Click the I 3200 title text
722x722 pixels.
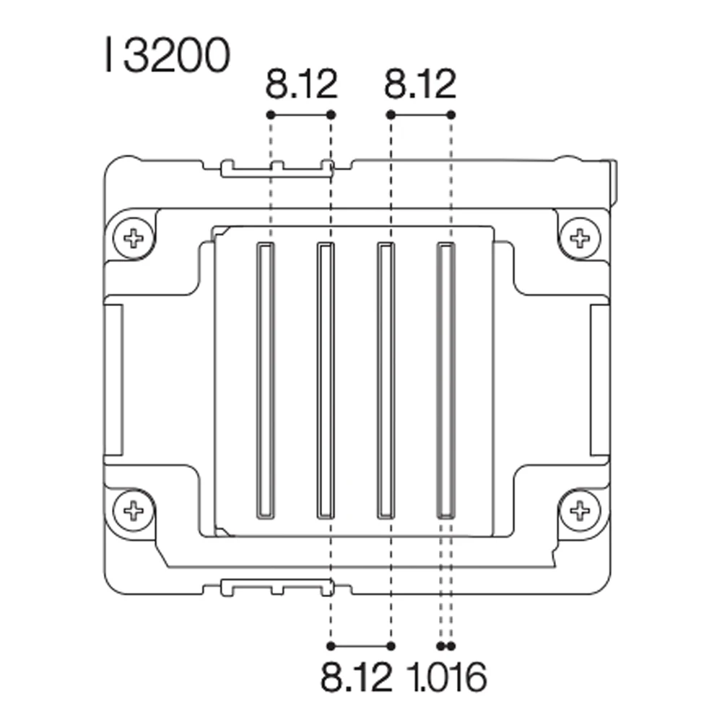pyautogui.click(x=168, y=56)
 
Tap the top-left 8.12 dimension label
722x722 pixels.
pyautogui.click(x=302, y=84)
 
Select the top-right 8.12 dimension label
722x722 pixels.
pyautogui.click(x=420, y=84)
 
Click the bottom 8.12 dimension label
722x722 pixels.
pyautogui.click(x=357, y=677)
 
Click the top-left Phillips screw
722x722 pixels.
pyautogui.click(x=134, y=238)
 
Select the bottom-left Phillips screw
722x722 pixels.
pyautogui.click(x=134, y=510)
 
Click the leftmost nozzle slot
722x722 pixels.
pyautogui.click(x=265, y=380)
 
